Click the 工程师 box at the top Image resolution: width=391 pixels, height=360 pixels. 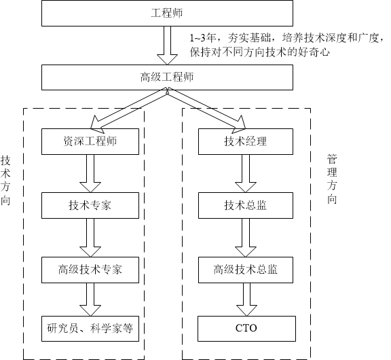(167, 13)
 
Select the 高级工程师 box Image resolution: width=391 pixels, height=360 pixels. (167, 77)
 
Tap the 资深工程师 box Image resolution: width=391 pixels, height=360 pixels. (90, 142)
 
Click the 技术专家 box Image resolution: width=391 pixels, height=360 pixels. (90, 205)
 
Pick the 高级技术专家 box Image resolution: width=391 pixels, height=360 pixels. (90, 269)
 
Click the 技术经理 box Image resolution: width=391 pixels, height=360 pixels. (246, 142)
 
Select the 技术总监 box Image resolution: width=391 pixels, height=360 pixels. (246, 205)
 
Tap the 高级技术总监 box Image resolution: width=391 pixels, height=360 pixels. (246, 269)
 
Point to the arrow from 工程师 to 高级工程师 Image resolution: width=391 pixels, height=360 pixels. (167, 45)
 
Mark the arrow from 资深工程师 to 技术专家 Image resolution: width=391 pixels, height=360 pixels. (90, 174)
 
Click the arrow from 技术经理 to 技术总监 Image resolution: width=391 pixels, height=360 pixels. (246, 174)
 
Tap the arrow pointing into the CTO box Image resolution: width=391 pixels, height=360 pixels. (246, 299)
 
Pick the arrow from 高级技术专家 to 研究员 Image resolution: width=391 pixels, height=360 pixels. (90, 299)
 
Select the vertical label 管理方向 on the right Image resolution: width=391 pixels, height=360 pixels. (332, 179)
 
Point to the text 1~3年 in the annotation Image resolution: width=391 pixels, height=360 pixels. (202, 39)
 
